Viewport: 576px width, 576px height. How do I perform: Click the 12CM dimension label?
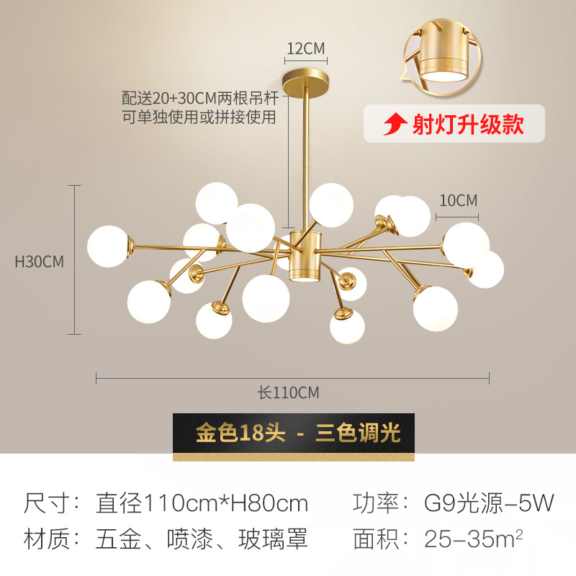(x=306, y=49)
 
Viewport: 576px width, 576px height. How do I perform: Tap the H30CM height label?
(x=40, y=261)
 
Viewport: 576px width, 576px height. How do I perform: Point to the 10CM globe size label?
(x=458, y=201)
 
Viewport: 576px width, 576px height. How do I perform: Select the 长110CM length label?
(x=288, y=393)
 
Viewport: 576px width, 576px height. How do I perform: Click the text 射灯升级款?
(x=467, y=125)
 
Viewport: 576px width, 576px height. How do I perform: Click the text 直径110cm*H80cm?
(x=202, y=503)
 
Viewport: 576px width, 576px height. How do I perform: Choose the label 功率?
(x=374, y=503)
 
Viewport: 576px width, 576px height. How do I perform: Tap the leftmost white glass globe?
(x=108, y=246)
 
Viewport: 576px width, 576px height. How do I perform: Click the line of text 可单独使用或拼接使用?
(x=199, y=117)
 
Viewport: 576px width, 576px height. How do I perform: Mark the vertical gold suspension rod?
(x=307, y=155)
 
